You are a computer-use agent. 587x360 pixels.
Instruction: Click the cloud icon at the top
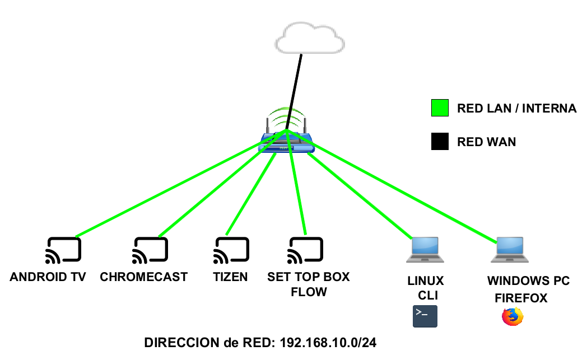click(x=310, y=38)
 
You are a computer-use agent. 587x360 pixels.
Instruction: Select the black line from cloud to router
click(x=296, y=84)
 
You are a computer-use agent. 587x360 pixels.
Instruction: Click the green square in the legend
click(x=440, y=109)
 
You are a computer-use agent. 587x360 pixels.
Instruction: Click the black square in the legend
click(x=440, y=142)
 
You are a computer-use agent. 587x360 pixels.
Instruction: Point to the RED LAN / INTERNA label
click(x=516, y=109)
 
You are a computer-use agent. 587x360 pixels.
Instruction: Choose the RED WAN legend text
click(x=486, y=142)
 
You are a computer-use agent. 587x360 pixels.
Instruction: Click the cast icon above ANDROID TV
click(x=63, y=250)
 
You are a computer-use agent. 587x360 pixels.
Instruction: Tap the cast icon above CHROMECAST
click(x=150, y=250)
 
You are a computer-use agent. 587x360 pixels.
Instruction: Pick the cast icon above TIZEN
click(x=230, y=250)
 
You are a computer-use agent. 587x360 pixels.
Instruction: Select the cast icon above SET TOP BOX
click(x=305, y=250)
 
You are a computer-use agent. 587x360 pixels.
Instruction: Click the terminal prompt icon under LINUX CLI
click(x=425, y=316)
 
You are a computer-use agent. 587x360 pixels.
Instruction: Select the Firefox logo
click(x=512, y=317)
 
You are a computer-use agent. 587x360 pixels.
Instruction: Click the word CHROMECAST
click(x=143, y=277)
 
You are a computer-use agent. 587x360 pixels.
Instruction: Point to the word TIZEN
click(x=230, y=277)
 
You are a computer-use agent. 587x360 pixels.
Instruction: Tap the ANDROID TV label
click(x=48, y=277)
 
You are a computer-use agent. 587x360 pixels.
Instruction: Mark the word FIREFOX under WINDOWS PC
click(x=521, y=298)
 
